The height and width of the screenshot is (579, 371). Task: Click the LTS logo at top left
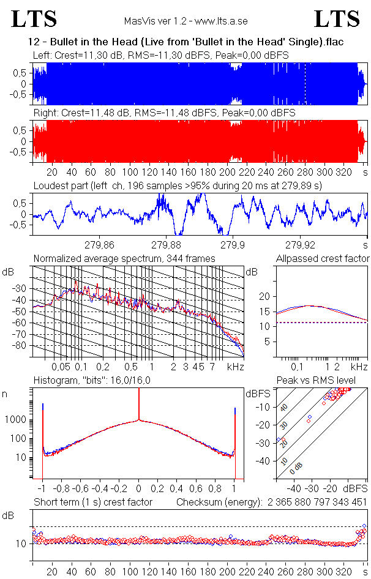[x=34, y=19]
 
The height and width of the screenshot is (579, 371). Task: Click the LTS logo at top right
[x=337, y=19]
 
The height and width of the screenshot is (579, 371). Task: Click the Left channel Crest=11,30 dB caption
[x=161, y=55]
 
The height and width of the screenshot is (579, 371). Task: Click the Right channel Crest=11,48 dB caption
[x=164, y=113]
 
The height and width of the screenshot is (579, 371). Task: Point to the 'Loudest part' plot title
[x=178, y=185]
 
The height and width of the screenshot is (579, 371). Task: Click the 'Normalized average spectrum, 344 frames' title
[x=124, y=258]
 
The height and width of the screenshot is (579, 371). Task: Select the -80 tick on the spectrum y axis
[x=23, y=346]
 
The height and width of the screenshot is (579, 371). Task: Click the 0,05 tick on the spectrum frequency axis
[x=61, y=367]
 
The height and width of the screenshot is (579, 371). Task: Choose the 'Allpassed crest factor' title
[x=323, y=258]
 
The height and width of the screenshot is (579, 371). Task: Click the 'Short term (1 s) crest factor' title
[x=92, y=502]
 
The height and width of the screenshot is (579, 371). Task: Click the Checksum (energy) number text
[x=316, y=502]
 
